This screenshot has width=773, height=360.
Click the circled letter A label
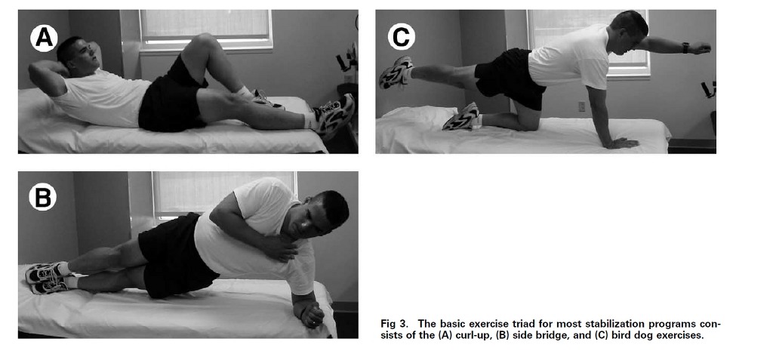click(x=44, y=38)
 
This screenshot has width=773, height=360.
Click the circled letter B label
click(x=42, y=197)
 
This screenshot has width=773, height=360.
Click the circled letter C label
click(x=402, y=37)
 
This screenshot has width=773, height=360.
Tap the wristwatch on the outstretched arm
click(x=685, y=48)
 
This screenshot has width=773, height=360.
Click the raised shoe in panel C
click(x=395, y=72)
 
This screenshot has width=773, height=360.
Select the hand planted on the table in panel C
click(x=621, y=143)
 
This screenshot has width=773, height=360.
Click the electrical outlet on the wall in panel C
click(x=582, y=106)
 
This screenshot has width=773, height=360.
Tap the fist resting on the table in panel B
click(x=312, y=315)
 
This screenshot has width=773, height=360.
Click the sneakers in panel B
click(x=46, y=278)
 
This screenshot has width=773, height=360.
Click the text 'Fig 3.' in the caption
click(x=394, y=324)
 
